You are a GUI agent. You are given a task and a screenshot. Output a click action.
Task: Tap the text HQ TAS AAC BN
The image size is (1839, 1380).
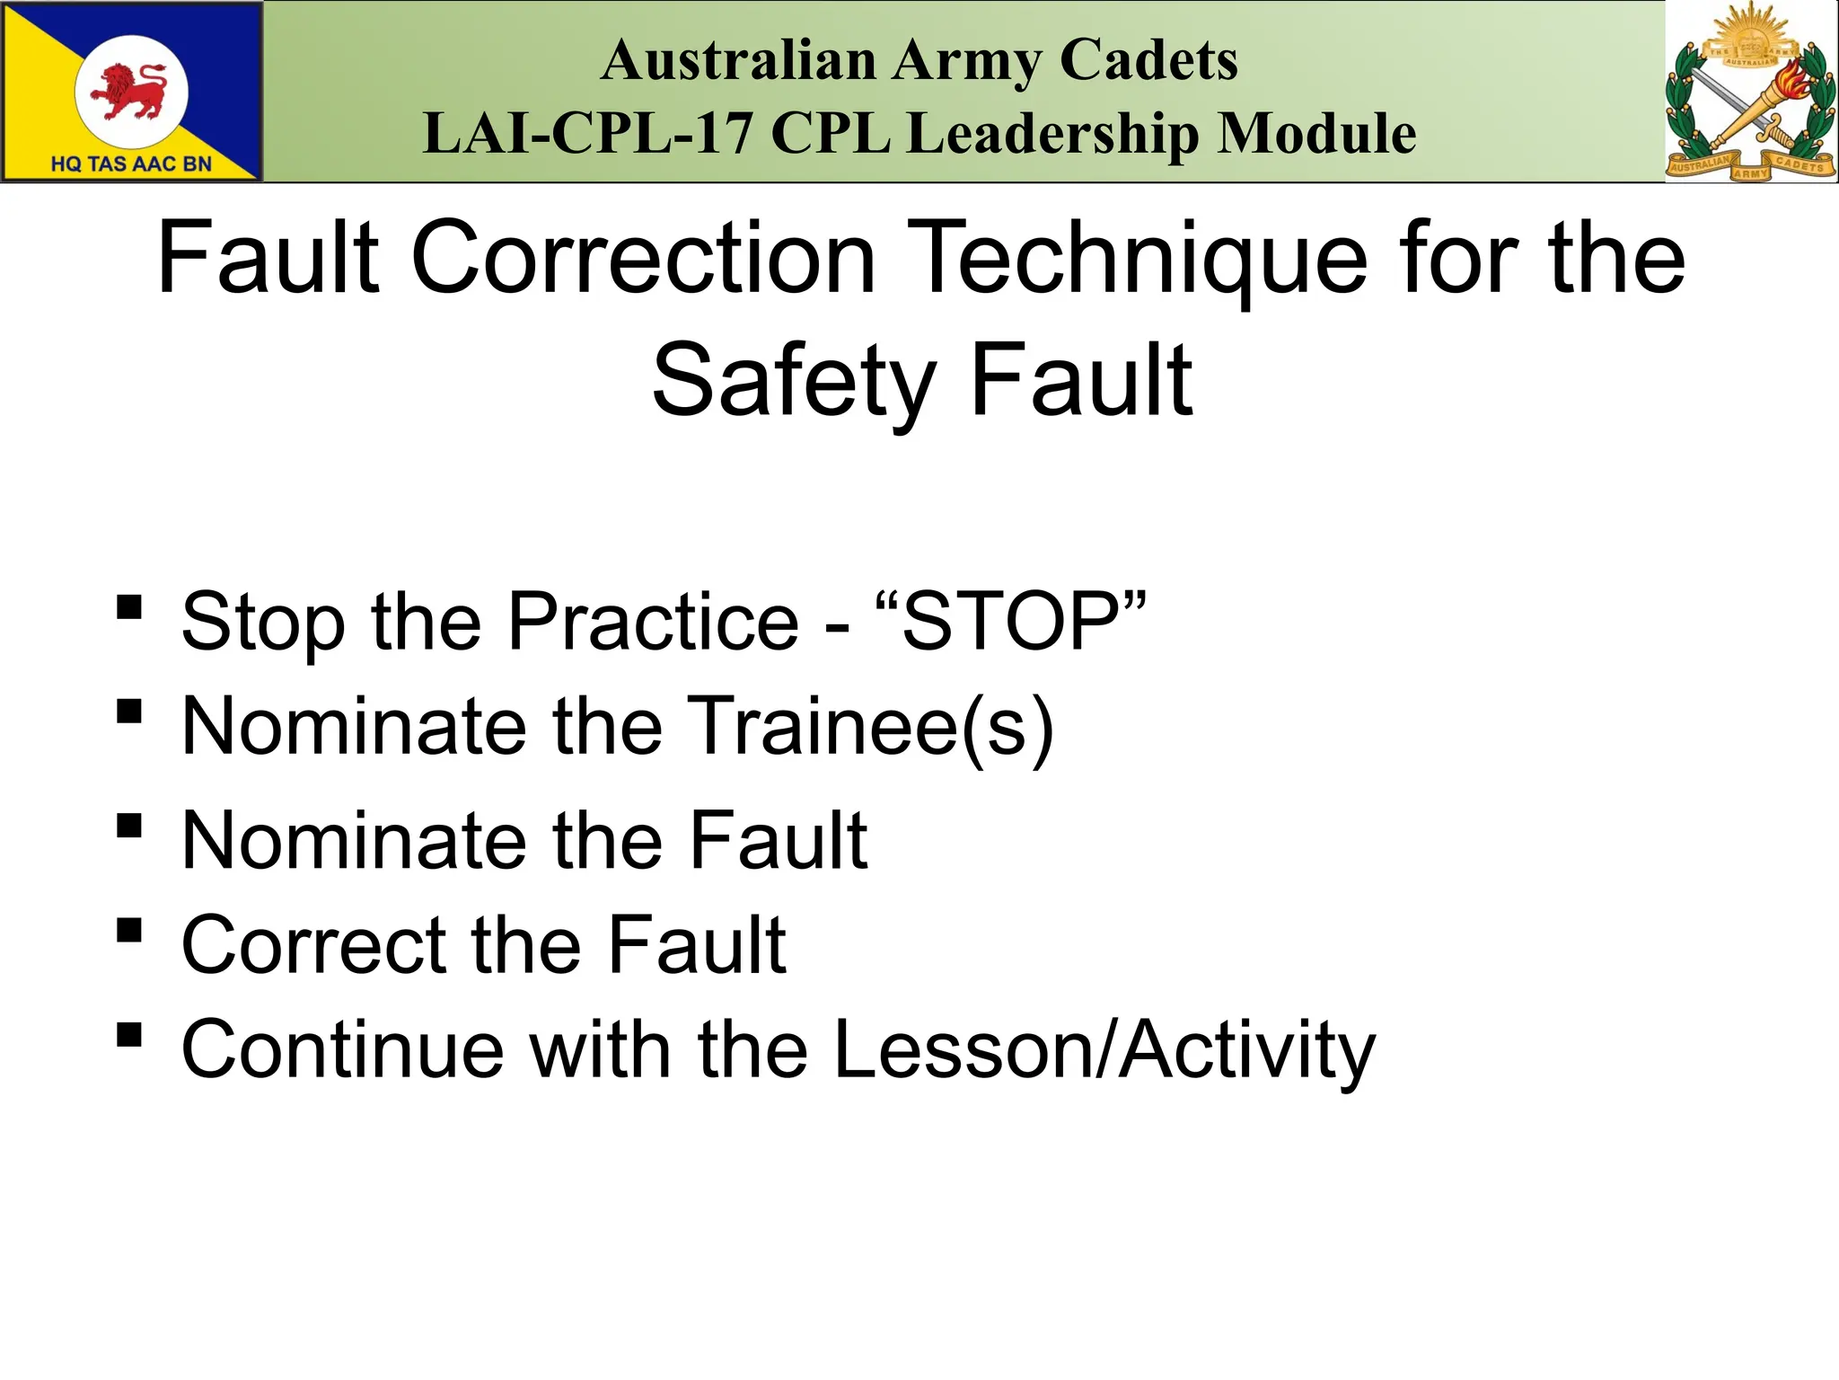click(x=131, y=164)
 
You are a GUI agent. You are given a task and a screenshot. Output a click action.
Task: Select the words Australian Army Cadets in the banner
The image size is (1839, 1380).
click(x=919, y=61)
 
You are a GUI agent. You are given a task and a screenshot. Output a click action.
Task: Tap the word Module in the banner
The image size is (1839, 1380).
click(x=1317, y=133)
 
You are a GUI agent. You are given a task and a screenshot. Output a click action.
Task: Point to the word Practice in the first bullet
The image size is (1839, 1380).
click(x=653, y=622)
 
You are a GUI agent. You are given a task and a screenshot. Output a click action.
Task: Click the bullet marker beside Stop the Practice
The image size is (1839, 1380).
click(x=129, y=607)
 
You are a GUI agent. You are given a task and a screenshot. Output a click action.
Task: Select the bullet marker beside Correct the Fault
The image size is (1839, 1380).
click(x=129, y=930)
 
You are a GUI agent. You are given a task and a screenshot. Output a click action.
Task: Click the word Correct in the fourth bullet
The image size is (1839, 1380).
click(x=313, y=945)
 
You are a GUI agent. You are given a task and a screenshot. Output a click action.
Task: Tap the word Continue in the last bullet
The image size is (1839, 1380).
click(x=342, y=1049)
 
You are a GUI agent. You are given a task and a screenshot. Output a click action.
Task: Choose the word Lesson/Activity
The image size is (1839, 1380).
click(x=1104, y=1049)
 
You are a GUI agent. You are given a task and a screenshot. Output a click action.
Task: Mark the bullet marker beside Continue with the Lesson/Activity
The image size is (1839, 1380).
click(x=129, y=1034)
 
